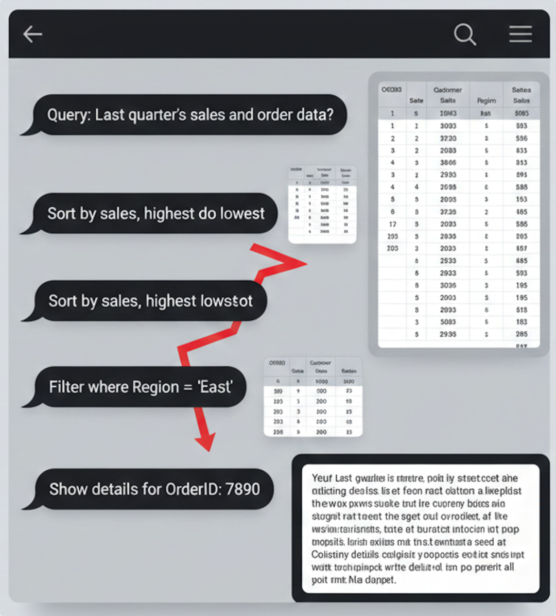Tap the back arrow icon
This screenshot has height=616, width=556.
pos(32,35)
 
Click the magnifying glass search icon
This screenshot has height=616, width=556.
pos(464,35)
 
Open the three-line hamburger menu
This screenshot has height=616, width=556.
pos(520,35)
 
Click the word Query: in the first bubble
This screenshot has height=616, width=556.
pos(69,114)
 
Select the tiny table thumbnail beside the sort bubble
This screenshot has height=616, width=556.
pos(322,204)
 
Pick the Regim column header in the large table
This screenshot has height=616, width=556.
pos(486,100)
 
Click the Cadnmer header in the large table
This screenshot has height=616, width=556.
pos(447,90)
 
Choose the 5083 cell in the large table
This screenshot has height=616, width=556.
pos(448,322)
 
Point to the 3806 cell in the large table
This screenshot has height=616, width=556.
pos(448,163)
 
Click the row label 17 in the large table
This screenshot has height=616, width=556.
pos(392,224)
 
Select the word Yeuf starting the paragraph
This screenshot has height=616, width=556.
pos(321,478)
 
